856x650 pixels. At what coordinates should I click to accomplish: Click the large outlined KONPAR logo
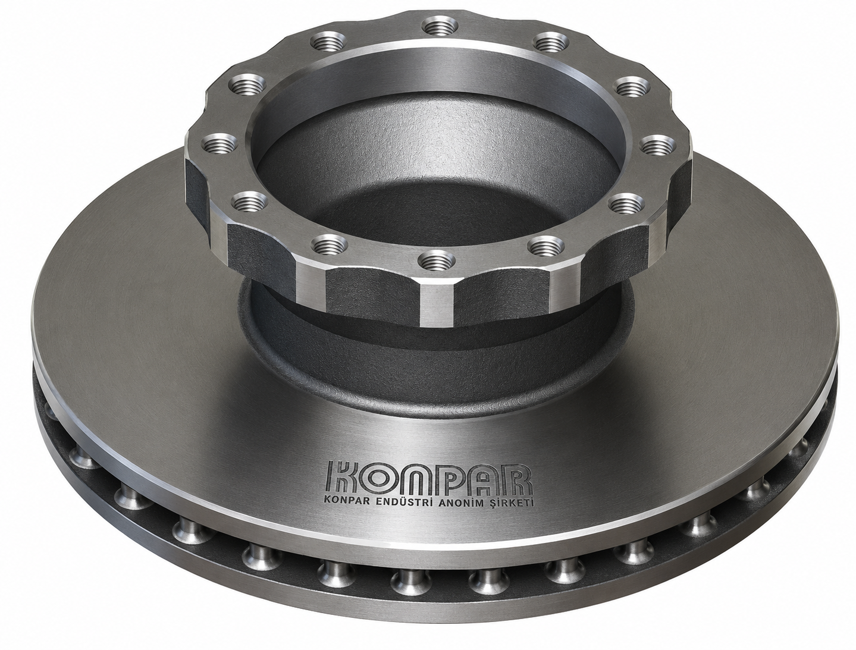(429, 477)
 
